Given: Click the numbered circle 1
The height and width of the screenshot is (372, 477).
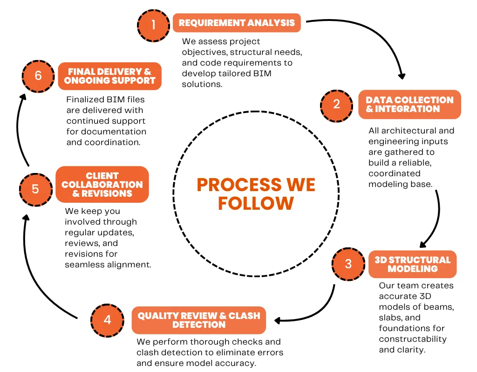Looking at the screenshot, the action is (153, 26).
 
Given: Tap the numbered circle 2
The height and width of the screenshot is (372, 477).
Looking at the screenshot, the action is (336, 106).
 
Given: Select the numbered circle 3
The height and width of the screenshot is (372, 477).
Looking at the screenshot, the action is (348, 264).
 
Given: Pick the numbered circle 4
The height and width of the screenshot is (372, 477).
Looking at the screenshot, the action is (108, 320).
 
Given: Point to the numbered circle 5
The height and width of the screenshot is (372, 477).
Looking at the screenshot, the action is (35, 190).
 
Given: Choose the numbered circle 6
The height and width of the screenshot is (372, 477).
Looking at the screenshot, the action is (38, 76).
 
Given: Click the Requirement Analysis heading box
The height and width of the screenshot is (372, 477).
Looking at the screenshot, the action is (237, 23).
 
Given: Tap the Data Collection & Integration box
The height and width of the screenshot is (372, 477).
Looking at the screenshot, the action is (409, 105).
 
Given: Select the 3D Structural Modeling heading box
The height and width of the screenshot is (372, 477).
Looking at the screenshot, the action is (413, 264).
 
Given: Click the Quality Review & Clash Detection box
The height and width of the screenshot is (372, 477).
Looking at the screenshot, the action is (198, 320).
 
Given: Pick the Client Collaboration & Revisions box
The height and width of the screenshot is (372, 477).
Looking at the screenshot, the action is (102, 184).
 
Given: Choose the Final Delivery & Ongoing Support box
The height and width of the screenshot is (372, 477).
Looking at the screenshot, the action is (109, 76).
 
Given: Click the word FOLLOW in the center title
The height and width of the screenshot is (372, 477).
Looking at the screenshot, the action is (256, 203).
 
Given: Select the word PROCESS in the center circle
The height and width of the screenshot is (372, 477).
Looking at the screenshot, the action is (239, 185).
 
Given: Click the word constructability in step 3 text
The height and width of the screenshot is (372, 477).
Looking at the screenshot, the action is (413, 339).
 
